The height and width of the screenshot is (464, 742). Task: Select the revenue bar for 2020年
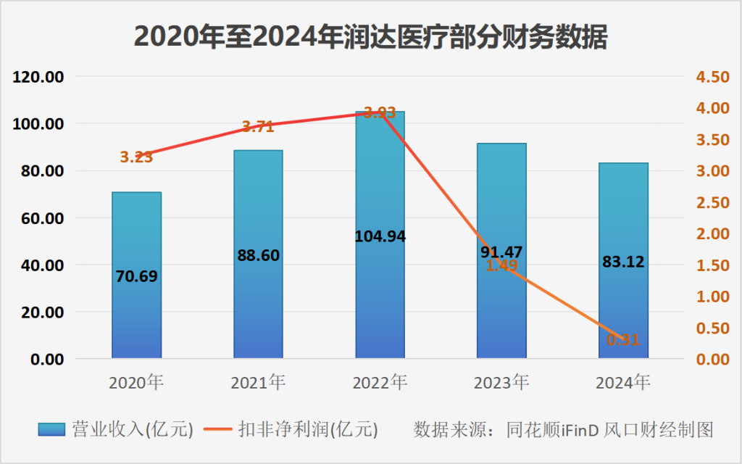click(x=136, y=304)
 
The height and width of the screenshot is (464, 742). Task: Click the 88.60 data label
click(x=258, y=255)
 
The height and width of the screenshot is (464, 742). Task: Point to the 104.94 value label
click(x=380, y=236)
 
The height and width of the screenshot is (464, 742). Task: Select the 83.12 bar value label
click(x=623, y=262)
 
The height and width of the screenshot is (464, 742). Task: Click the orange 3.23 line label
click(x=136, y=157)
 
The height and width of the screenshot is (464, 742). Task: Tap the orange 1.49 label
click(x=501, y=266)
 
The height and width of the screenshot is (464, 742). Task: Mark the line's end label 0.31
click(x=623, y=339)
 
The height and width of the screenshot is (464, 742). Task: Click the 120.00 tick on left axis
click(x=41, y=77)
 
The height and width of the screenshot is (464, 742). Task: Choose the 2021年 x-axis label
click(x=258, y=382)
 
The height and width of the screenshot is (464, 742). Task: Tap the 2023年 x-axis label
click(x=501, y=382)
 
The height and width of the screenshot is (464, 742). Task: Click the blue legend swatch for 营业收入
click(x=51, y=429)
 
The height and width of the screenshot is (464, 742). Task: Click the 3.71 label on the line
click(x=258, y=127)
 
